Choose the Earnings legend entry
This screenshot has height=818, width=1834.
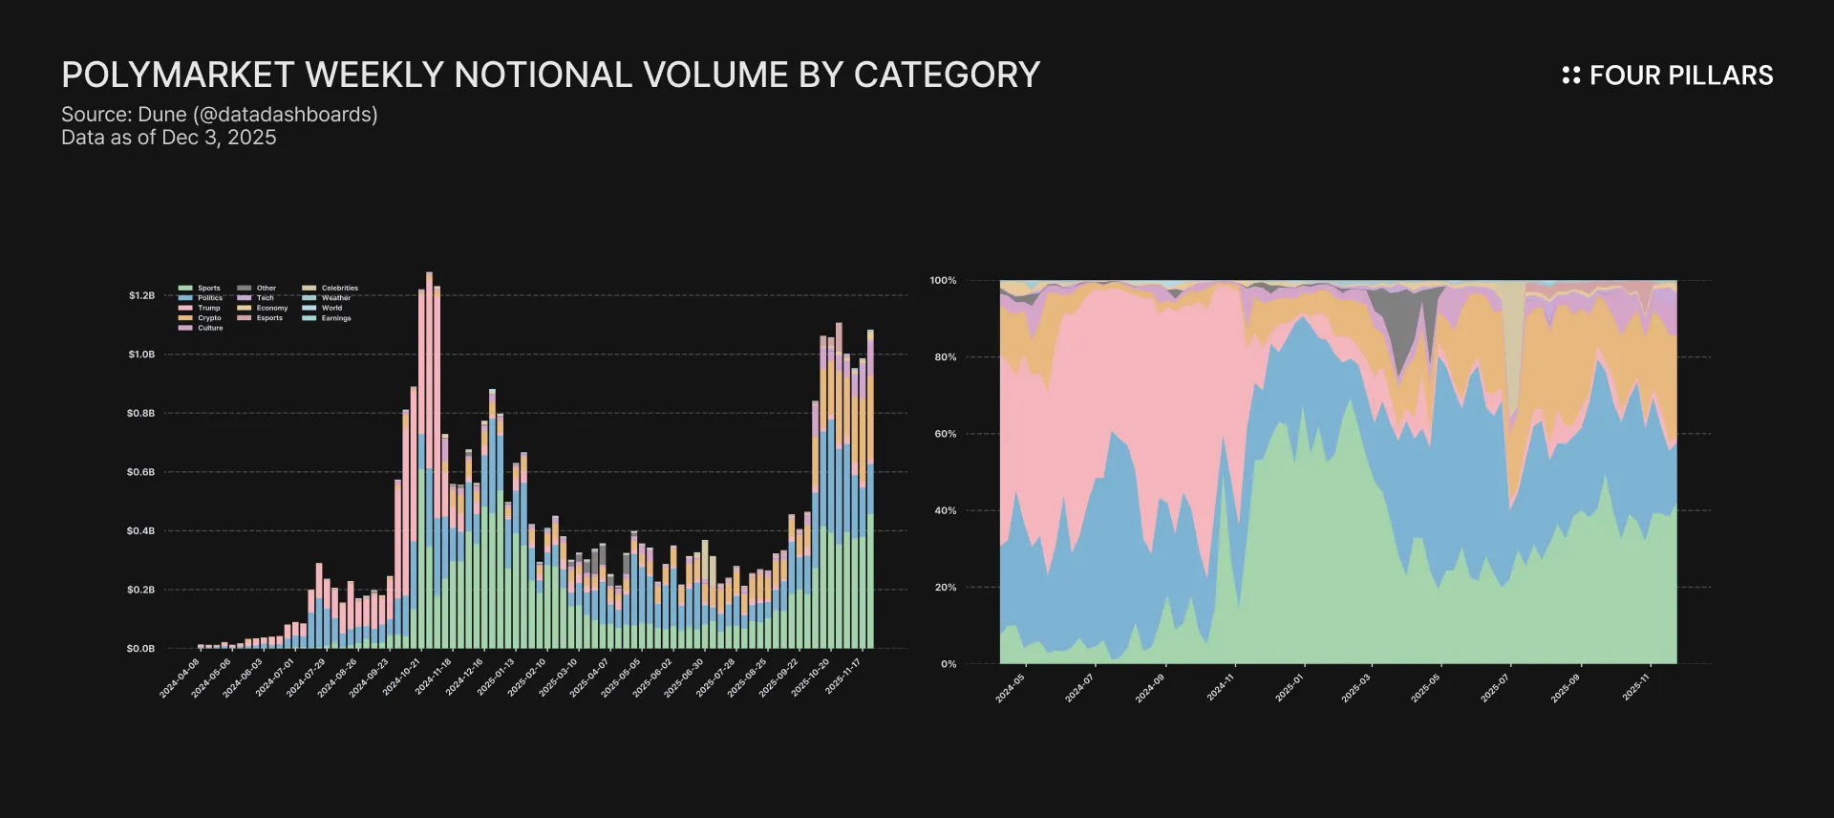click(x=335, y=318)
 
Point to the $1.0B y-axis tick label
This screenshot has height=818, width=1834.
click(x=141, y=355)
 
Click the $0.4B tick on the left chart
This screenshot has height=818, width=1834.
click(x=141, y=531)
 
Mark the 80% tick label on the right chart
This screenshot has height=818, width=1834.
click(x=945, y=357)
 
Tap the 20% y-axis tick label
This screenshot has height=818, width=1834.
click(x=945, y=588)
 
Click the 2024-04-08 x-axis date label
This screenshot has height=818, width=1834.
click(x=180, y=678)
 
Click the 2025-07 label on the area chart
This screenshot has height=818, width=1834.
click(x=1495, y=688)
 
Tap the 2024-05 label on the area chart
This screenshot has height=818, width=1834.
click(x=1010, y=688)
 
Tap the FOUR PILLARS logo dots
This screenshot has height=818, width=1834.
click(x=1570, y=75)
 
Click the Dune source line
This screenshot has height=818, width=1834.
click(x=220, y=115)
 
